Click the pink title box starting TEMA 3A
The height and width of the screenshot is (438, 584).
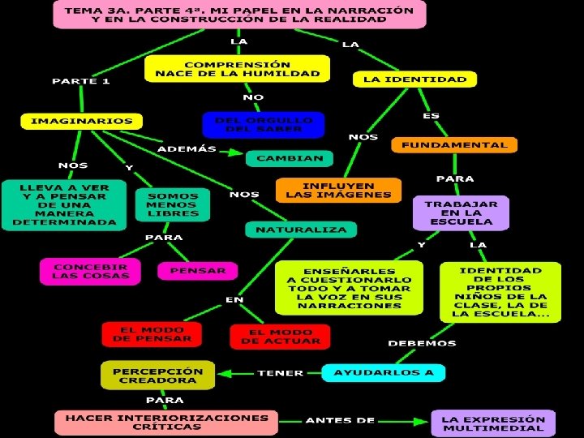coord(239,15)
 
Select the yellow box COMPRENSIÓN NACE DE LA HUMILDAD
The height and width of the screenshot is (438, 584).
coord(237,68)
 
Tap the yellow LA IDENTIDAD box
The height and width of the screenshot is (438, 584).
coord(414,79)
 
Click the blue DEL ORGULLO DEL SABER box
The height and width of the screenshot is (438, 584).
coord(262,124)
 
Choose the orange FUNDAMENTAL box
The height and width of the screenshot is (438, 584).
coord(453,145)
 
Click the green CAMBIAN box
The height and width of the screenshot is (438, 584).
coord(289,158)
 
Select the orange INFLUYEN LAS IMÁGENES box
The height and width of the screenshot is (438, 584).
coord(338,190)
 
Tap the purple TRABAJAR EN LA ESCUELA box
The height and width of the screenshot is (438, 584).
coord(460,213)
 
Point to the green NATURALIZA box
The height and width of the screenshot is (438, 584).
coord(301,230)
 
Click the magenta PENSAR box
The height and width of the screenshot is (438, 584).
coord(197,270)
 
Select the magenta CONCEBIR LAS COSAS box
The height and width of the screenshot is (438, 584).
coord(90,271)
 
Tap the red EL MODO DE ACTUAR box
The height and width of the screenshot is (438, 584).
coord(280,337)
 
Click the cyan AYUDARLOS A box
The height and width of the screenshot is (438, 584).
coord(384,373)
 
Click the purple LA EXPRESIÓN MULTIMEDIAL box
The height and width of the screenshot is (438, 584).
coord(493,423)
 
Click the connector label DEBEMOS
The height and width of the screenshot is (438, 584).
coord(422,343)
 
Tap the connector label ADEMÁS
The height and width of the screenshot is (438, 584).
coord(187,149)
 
